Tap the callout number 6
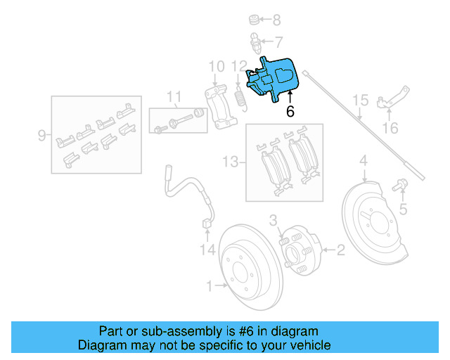(290, 112)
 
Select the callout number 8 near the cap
(276, 20)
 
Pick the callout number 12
(240, 67)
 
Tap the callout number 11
(174, 96)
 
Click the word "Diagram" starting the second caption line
(101, 345)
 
